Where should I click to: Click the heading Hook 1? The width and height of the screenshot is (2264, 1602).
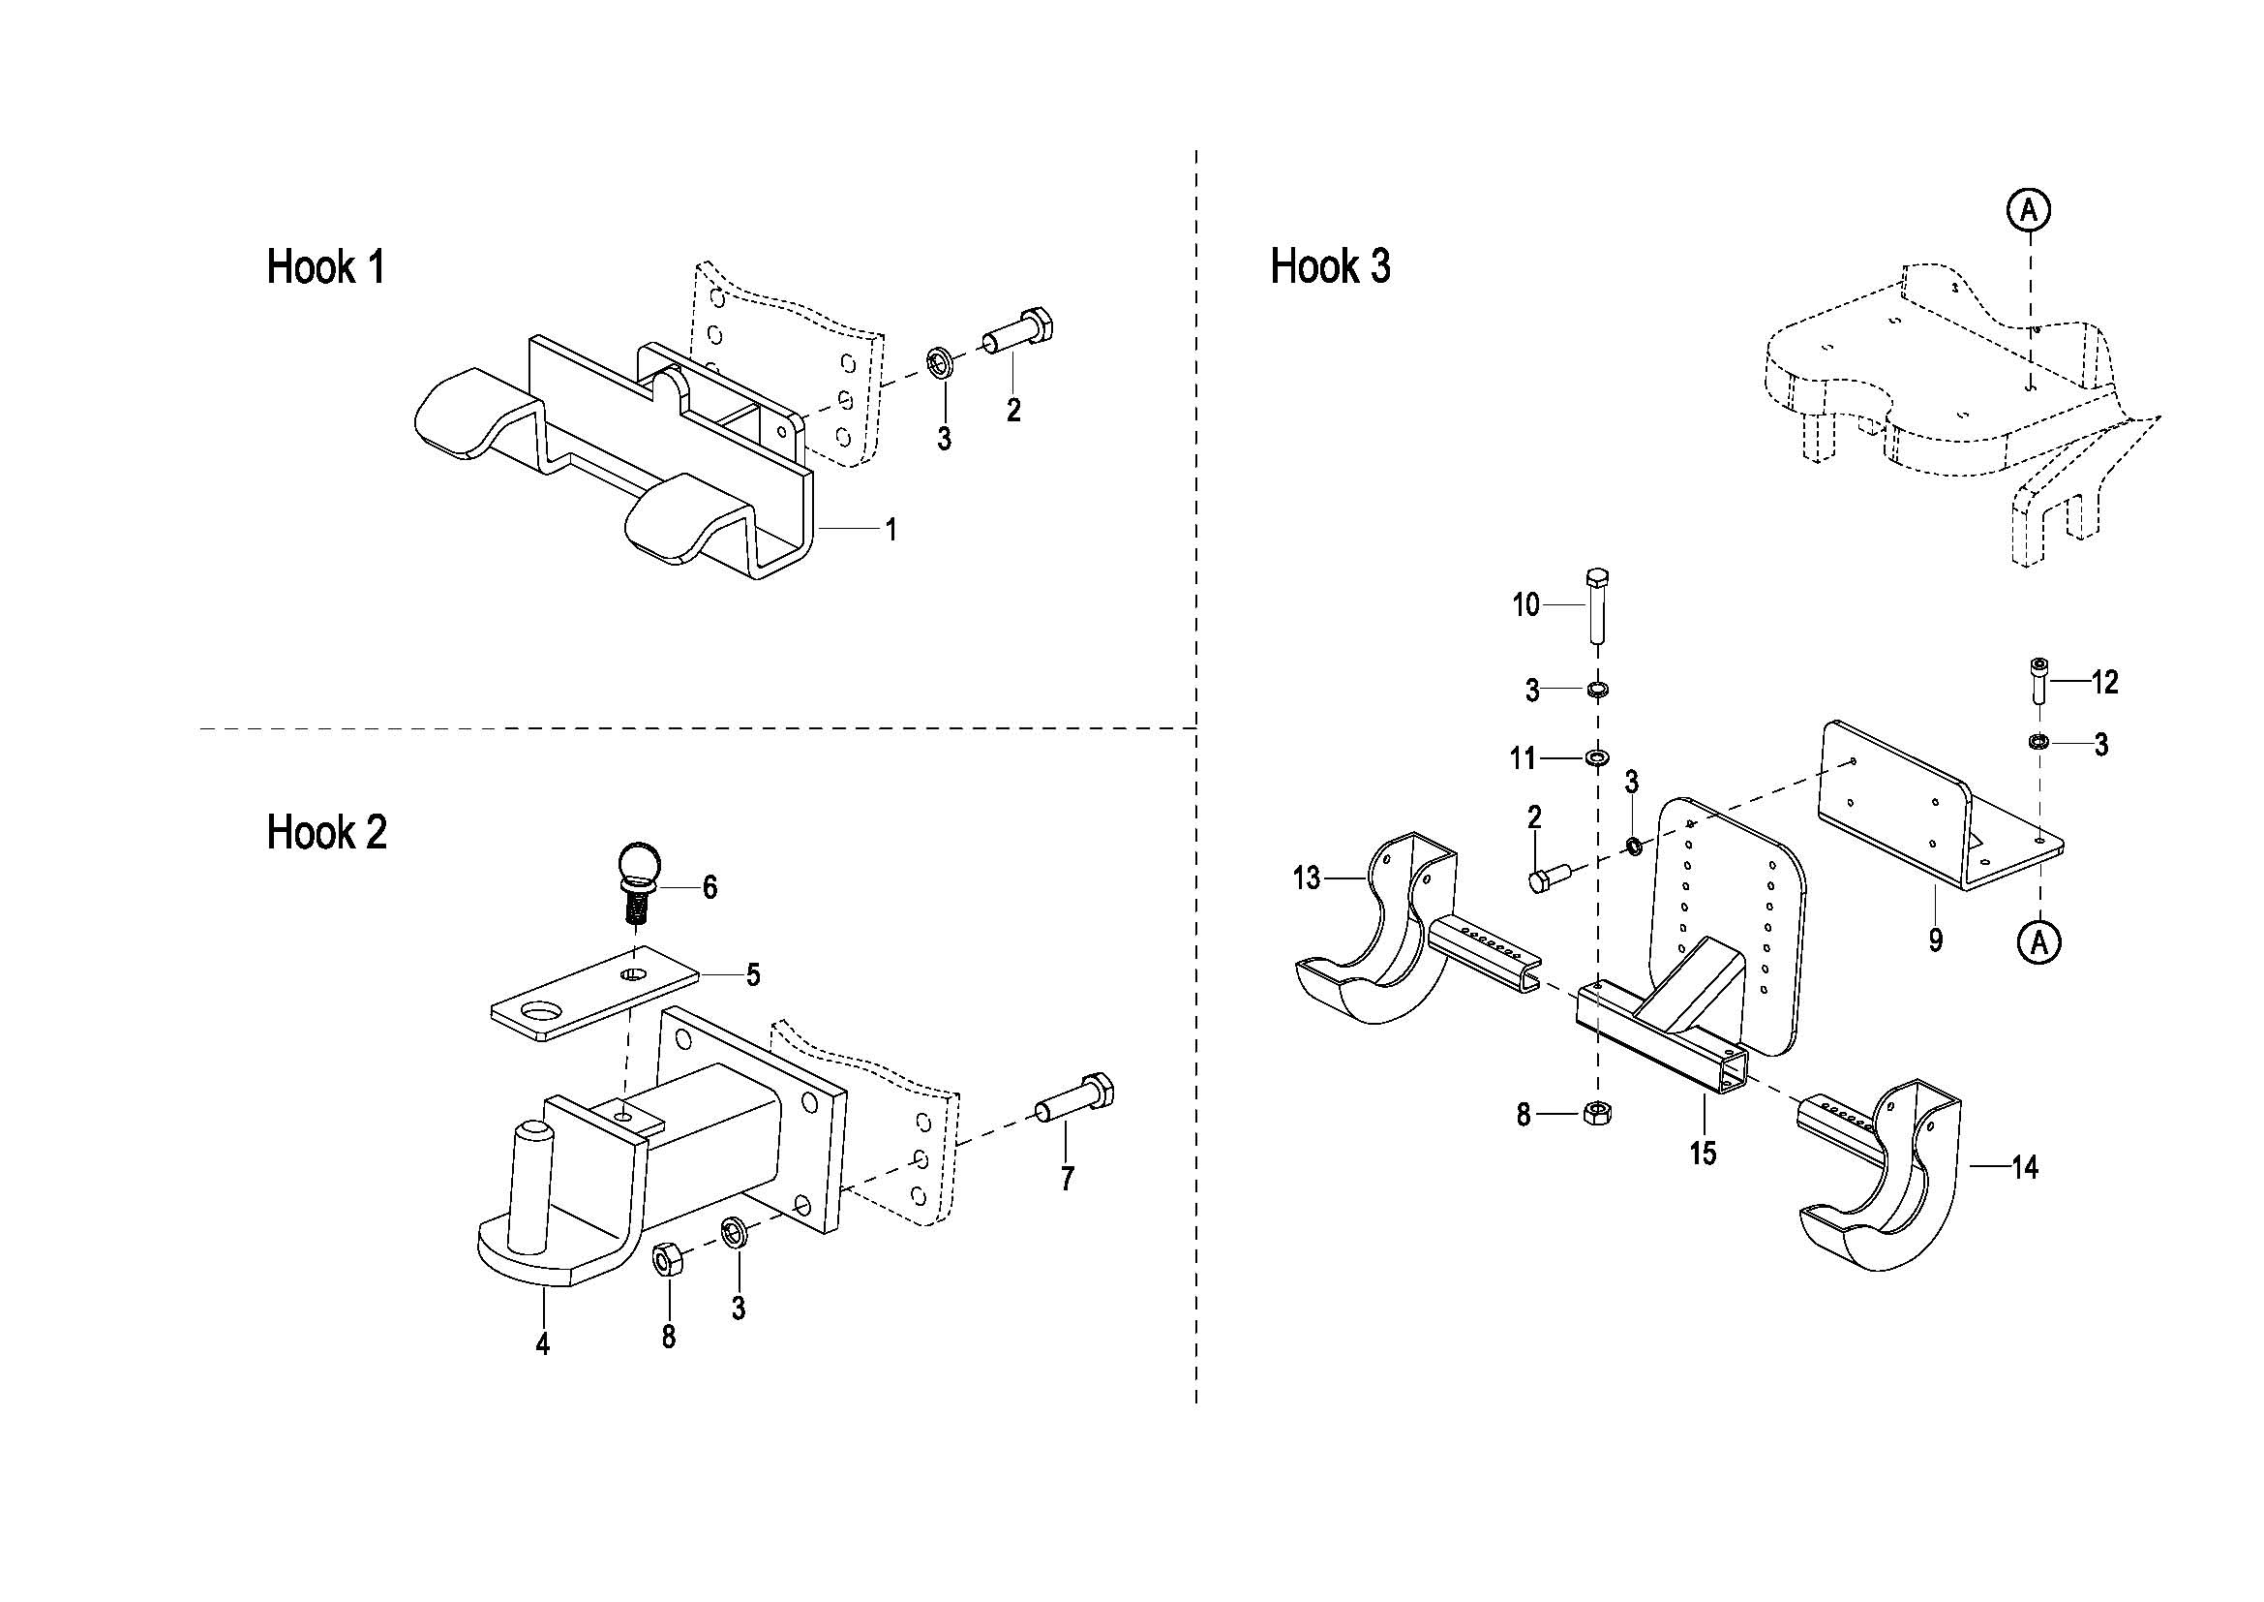pos(325,267)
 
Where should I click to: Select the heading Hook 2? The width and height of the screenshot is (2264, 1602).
pos(326,833)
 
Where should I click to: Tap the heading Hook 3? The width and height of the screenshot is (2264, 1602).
pos(1330,266)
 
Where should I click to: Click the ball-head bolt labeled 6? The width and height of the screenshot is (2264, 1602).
pos(638,882)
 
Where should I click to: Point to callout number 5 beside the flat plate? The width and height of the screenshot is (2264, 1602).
pos(753,975)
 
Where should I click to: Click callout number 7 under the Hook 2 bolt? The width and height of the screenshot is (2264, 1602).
pos(1067,1179)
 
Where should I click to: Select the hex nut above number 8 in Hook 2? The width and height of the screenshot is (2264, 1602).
pos(667,1260)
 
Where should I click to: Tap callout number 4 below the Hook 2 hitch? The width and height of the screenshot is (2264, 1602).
pos(542,1343)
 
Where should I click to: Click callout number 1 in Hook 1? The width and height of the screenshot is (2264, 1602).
pos(891,531)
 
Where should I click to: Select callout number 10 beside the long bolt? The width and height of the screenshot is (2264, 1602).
pos(1526,604)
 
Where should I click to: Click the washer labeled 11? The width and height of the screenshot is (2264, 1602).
pos(1596,757)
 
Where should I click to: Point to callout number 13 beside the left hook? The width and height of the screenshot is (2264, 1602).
pos(1307,877)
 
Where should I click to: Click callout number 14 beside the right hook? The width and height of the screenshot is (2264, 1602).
pos(2024,1168)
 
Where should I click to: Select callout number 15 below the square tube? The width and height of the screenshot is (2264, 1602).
pos(1703,1153)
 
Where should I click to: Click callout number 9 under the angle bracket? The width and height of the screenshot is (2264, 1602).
pos(1936,940)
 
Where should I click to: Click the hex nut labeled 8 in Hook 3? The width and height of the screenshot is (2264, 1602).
pos(1596,1113)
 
